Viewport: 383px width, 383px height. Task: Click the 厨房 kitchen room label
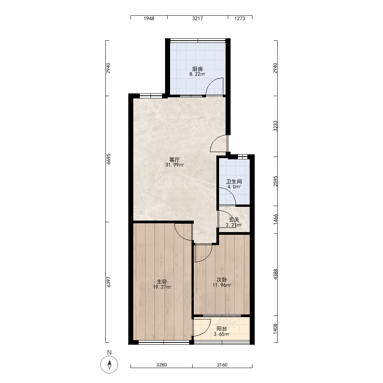(x=197, y=69)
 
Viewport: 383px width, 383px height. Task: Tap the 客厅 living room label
(x=174, y=160)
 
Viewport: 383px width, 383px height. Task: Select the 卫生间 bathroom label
(x=234, y=182)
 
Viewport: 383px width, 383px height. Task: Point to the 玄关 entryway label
(x=234, y=219)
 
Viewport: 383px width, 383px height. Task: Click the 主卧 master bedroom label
(x=162, y=282)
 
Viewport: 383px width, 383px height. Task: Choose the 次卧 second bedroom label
(x=221, y=280)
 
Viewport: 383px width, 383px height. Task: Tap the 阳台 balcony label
(x=221, y=329)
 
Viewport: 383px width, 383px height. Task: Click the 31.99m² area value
(x=174, y=165)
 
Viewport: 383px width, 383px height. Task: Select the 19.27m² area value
(x=162, y=287)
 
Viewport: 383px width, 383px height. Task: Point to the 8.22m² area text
(x=197, y=74)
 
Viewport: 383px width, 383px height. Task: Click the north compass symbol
(x=109, y=365)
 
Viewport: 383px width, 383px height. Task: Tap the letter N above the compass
(x=109, y=352)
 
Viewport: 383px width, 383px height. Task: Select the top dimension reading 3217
(x=197, y=18)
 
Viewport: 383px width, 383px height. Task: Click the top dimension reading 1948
(x=149, y=18)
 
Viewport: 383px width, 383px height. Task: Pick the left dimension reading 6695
(x=109, y=159)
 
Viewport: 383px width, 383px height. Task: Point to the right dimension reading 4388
(x=275, y=274)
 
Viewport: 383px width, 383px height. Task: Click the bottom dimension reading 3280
(x=162, y=365)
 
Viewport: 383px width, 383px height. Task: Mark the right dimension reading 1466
(x=275, y=219)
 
